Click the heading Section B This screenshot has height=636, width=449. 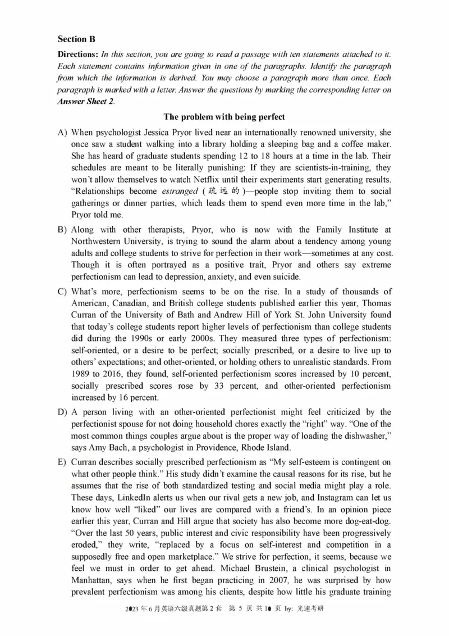click(76, 39)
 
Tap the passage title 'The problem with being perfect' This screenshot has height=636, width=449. click(224, 117)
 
